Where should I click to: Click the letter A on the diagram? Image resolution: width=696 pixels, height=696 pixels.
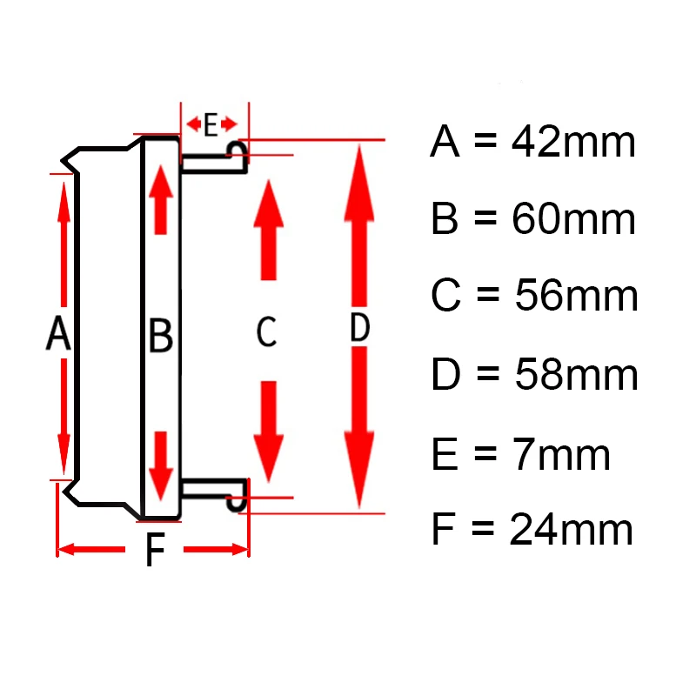[x=57, y=334]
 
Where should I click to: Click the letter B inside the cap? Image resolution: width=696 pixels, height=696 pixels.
[x=161, y=336]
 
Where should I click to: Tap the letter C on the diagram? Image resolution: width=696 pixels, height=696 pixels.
[x=266, y=331]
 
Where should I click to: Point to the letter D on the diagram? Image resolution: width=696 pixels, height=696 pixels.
[x=359, y=329]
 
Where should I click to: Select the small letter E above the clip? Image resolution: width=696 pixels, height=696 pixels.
[x=211, y=125]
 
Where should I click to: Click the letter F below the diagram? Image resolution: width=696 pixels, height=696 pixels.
[x=154, y=550]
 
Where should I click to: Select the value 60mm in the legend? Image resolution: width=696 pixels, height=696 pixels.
[x=574, y=220]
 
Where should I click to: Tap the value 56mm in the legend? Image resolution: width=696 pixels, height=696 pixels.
[x=577, y=297]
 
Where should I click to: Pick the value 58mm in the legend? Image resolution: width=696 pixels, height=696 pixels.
[x=577, y=375]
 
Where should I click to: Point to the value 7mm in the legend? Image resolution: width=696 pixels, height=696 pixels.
[x=560, y=454]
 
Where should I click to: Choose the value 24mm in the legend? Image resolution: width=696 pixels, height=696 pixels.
[x=572, y=530]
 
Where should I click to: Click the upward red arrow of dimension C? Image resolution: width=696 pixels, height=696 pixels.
[x=269, y=231]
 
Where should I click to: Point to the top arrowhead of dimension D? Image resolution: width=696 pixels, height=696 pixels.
[x=359, y=174]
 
